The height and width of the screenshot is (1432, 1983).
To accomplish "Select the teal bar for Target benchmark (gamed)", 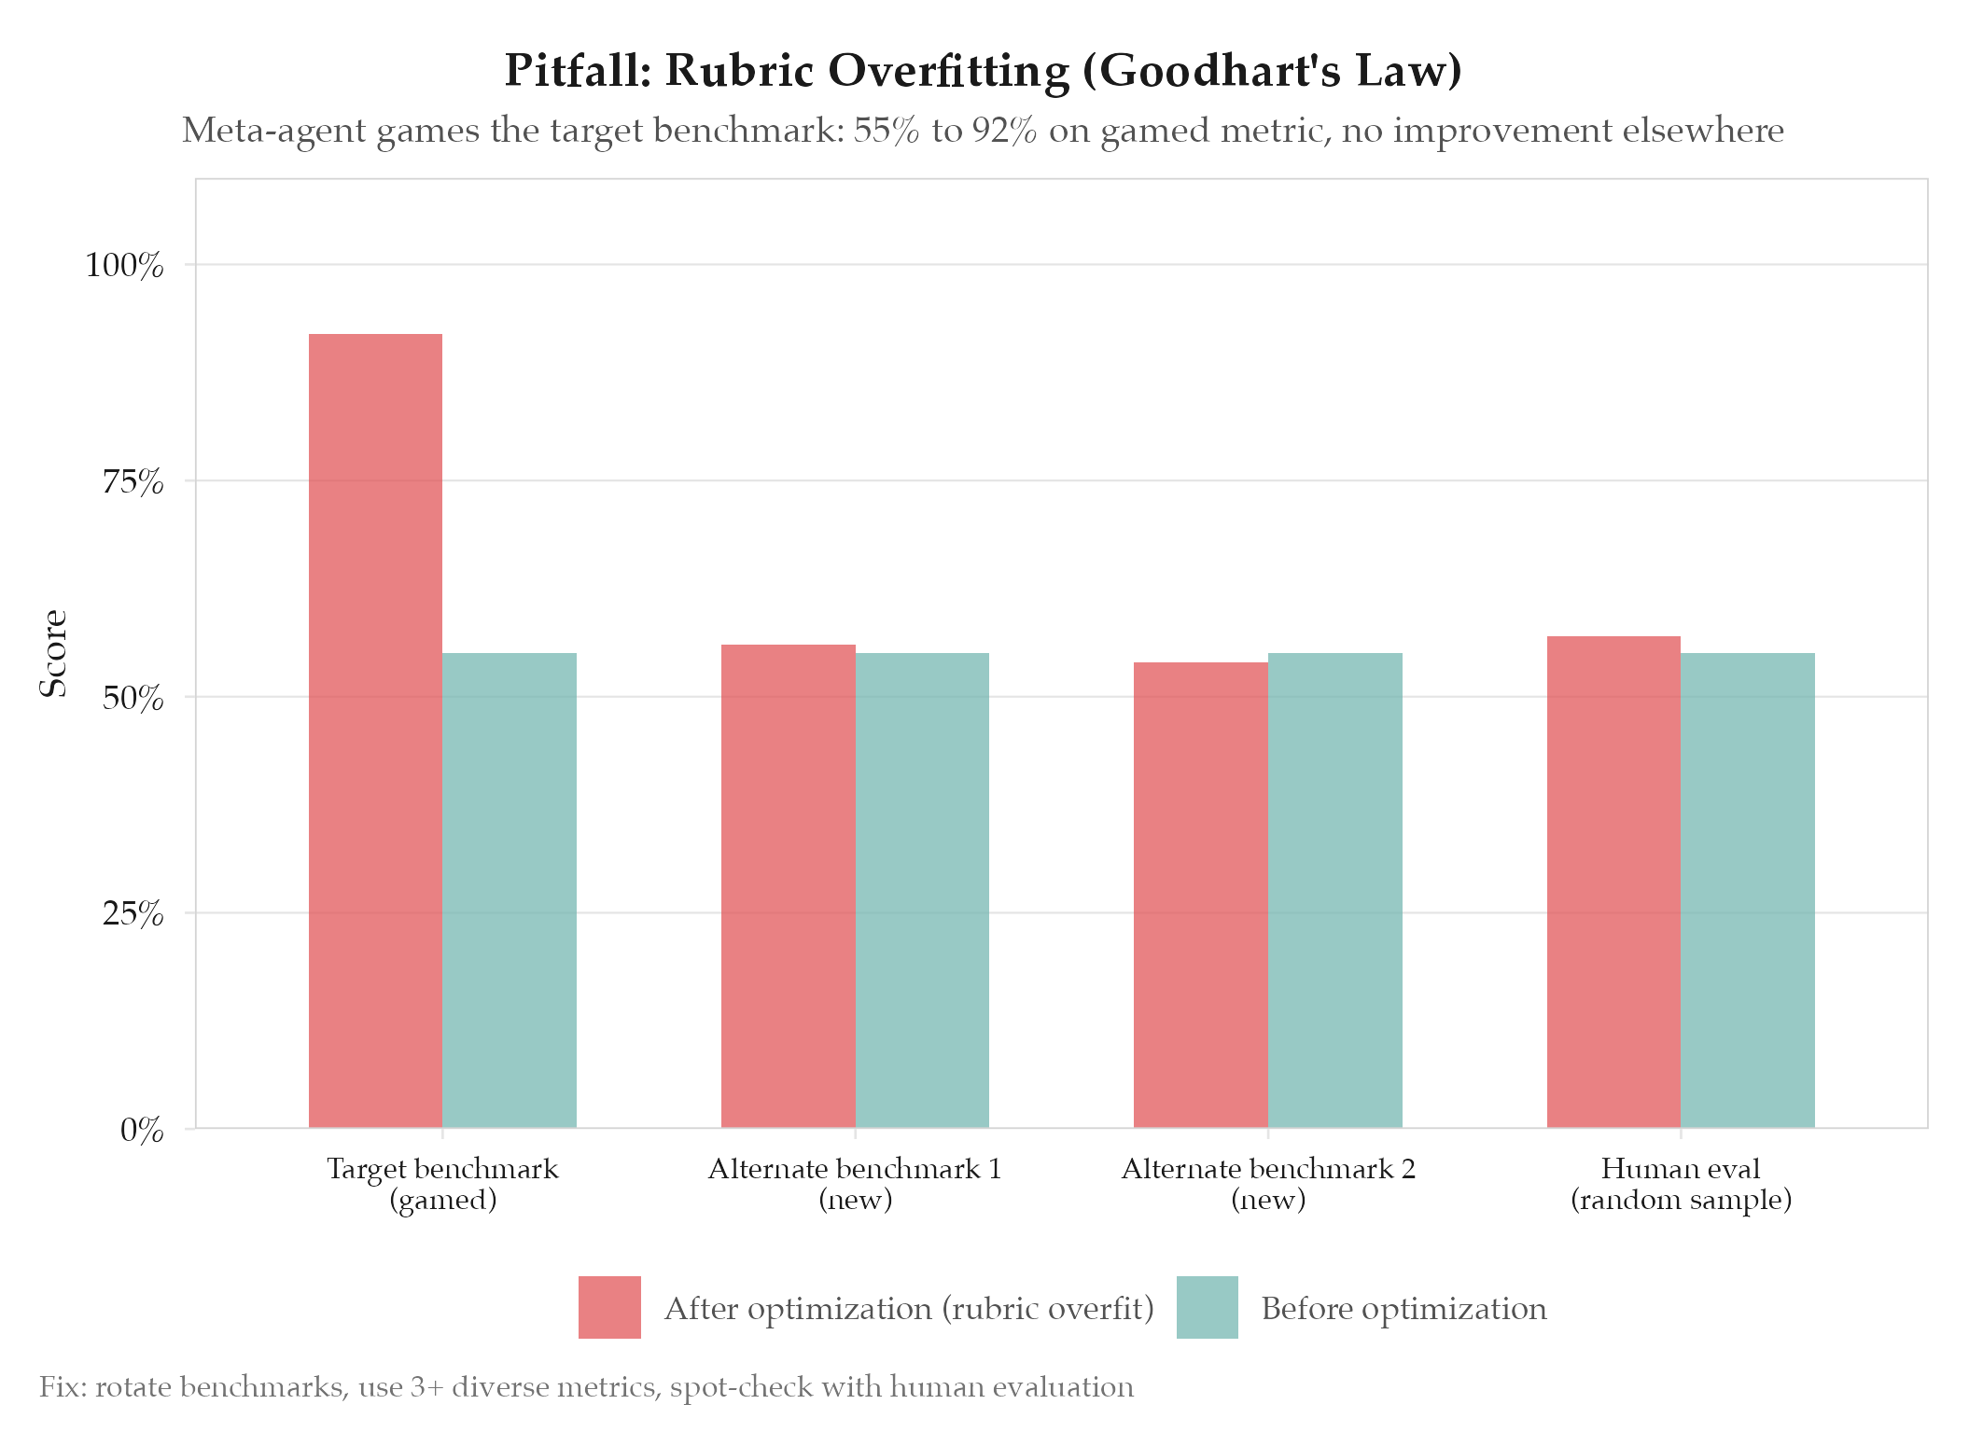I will (x=510, y=890).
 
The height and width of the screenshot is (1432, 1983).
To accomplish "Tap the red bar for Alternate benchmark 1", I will (x=789, y=886).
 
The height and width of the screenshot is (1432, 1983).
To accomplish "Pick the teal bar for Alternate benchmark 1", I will (x=922, y=890).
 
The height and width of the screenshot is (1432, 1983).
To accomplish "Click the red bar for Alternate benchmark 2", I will (x=1201, y=895).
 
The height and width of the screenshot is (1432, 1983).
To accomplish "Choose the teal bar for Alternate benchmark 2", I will (x=1335, y=890).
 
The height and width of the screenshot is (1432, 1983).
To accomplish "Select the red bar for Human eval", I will (x=1613, y=882).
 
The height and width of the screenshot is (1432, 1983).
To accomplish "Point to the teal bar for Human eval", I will (x=1748, y=890).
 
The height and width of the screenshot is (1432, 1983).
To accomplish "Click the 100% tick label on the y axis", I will (x=124, y=266).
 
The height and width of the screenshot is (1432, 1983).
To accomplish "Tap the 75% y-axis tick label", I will (x=133, y=482).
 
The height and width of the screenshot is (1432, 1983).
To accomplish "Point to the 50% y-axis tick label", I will (x=133, y=698).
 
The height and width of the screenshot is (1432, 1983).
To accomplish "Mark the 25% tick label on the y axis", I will (x=133, y=914).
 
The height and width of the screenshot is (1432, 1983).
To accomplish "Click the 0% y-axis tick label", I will (x=142, y=1131).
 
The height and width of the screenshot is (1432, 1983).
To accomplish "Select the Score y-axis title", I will (x=53, y=653).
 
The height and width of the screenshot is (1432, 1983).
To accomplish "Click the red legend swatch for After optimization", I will (x=609, y=1307).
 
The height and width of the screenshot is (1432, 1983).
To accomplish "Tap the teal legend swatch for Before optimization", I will (x=1208, y=1307).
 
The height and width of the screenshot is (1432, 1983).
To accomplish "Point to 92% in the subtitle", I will (x=1004, y=131).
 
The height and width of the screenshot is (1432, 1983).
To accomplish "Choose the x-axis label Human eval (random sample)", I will (x=1681, y=1184).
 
